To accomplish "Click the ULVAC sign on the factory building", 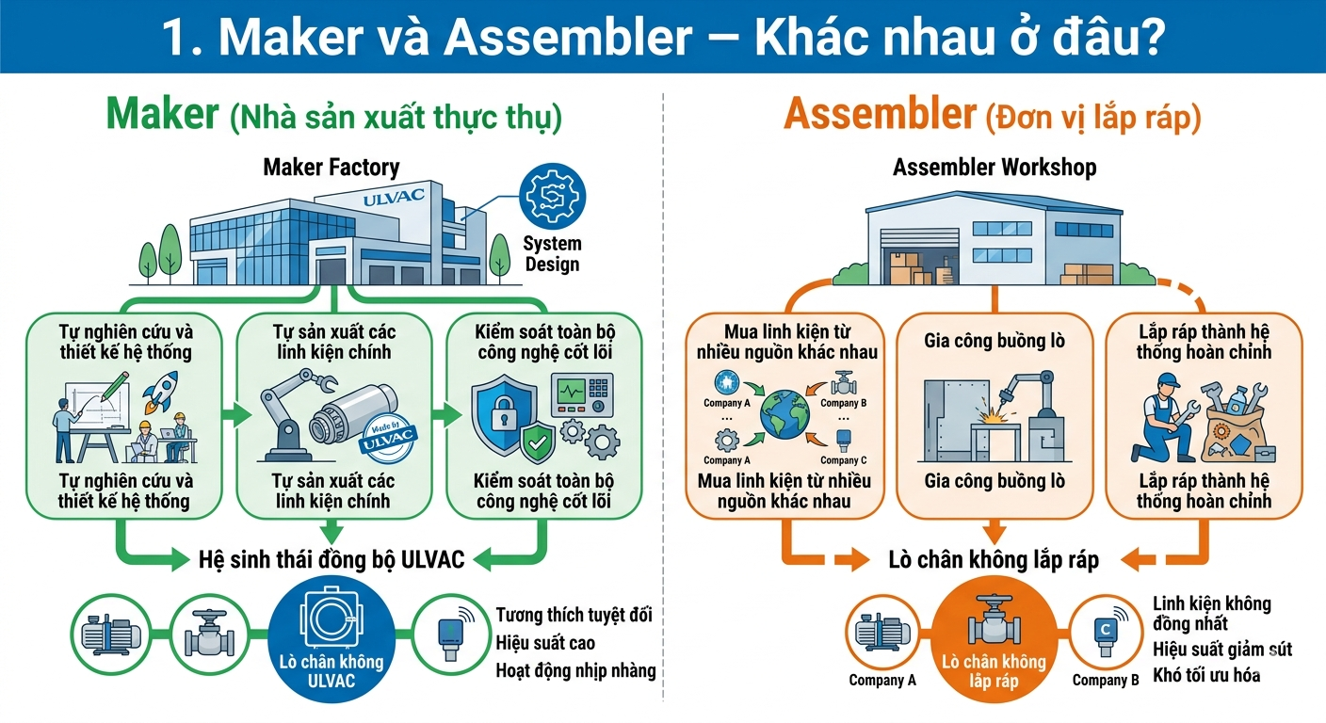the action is [394, 197].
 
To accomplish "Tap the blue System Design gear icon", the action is [552, 197].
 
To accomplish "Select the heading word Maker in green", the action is [162, 114].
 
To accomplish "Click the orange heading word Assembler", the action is [880, 114].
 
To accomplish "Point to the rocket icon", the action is [162, 392].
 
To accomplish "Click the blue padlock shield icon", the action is [504, 413].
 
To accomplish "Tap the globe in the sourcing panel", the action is [784, 414].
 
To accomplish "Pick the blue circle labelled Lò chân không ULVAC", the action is [331, 639].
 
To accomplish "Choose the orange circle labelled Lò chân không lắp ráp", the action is [994, 640].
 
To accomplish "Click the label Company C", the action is [843, 460].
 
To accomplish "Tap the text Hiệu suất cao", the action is [545, 643].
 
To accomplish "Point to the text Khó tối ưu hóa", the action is [1206, 675].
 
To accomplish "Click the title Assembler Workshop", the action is [994, 167].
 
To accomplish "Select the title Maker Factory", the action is [331, 167].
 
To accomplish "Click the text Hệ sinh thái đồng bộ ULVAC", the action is [331, 560].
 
